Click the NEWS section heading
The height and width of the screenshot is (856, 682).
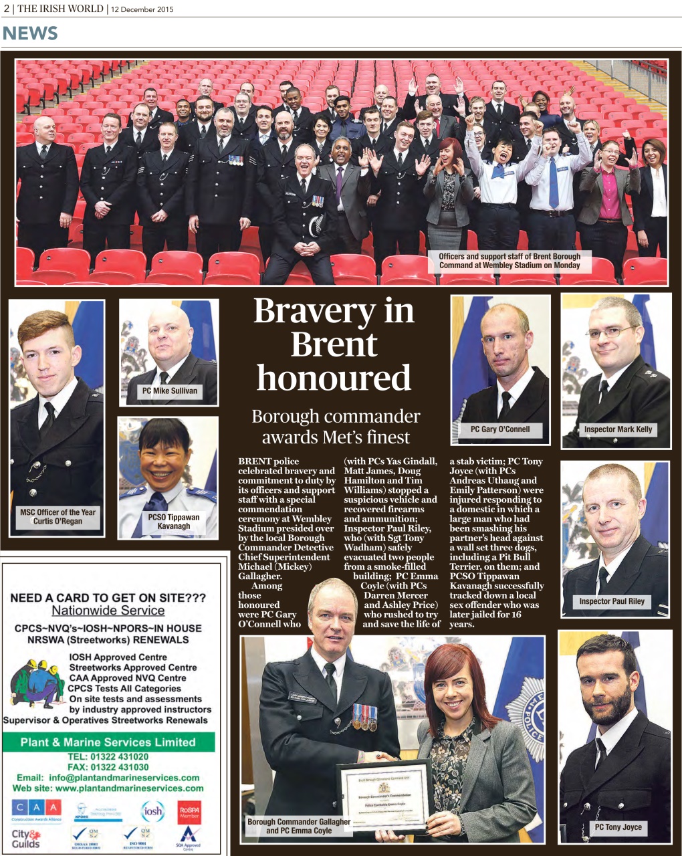(x=31, y=33)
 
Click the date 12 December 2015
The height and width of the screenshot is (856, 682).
(x=142, y=9)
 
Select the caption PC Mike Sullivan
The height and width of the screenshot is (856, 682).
(x=170, y=391)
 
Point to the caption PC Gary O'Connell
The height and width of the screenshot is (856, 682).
(x=499, y=429)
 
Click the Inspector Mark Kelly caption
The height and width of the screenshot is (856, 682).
(x=617, y=429)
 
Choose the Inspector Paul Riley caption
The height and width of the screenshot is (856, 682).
(x=611, y=601)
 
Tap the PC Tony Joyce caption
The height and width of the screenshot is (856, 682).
(x=618, y=827)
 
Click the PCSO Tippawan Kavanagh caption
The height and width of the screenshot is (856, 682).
(x=174, y=522)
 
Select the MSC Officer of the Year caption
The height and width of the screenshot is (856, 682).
(x=58, y=516)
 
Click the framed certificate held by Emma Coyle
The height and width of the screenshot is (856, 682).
(x=384, y=795)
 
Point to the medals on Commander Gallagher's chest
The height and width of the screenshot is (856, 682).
(x=365, y=718)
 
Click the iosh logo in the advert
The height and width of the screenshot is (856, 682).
(x=152, y=811)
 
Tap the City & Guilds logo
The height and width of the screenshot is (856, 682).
(x=26, y=839)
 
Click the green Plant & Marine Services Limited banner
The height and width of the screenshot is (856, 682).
(x=108, y=742)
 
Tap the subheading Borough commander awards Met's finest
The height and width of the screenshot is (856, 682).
(x=336, y=427)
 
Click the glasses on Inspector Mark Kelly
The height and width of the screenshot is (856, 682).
(x=610, y=332)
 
